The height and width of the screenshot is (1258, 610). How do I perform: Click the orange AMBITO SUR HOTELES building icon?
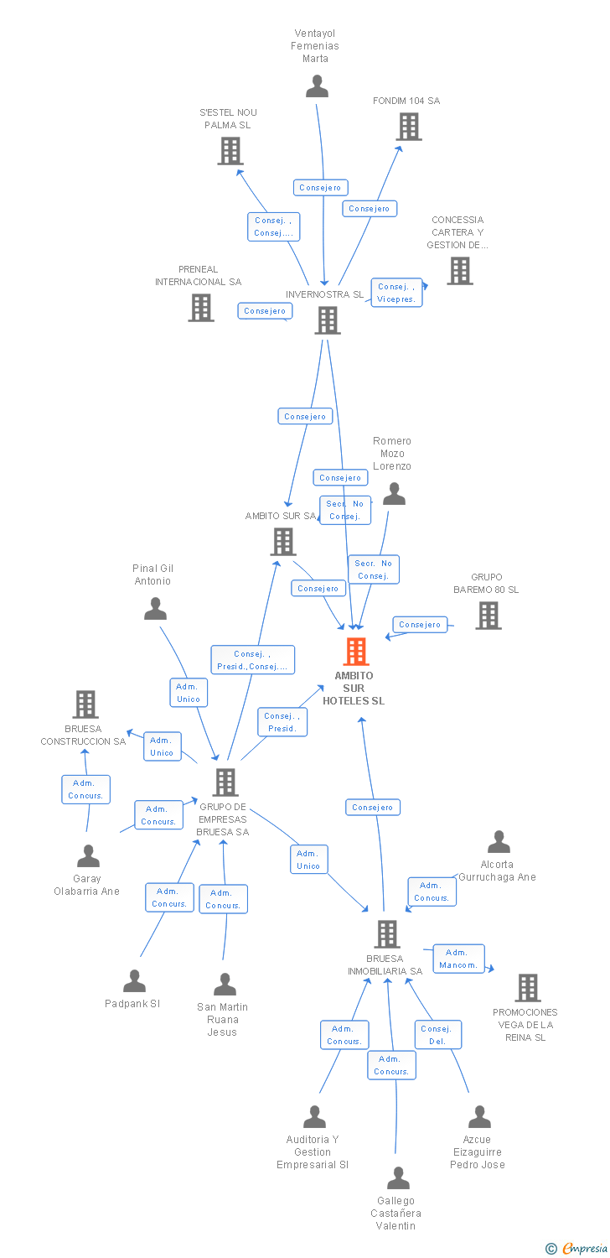coord(356,652)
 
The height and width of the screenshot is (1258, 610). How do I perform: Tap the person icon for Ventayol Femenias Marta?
coord(317,86)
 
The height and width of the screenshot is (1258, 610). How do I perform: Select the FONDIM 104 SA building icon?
coord(409,127)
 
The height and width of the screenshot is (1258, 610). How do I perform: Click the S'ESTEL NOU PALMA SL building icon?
coord(230,151)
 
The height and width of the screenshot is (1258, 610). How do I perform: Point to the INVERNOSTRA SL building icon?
coord(327,320)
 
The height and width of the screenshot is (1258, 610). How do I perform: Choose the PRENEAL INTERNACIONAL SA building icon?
coord(201,308)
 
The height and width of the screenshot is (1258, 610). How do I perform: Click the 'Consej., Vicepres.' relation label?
coord(396,293)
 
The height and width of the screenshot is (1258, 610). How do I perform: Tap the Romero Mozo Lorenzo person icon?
coord(394,494)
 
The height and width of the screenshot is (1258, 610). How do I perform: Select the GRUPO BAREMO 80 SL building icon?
coord(488,616)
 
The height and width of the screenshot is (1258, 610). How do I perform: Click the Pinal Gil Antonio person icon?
coord(155,609)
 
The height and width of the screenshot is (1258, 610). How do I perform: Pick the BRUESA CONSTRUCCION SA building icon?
coord(85,704)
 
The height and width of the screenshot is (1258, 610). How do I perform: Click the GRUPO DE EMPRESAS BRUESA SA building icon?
coord(225,782)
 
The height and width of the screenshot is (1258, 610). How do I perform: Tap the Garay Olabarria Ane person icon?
coord(88,856)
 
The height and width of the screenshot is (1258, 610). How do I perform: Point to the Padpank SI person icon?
coord(134,981)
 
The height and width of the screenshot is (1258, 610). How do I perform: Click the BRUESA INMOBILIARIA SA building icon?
coord(386,934)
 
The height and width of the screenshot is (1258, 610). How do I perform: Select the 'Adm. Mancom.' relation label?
coord(458,959)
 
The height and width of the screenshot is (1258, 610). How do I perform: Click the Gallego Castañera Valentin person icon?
coord(398,1178)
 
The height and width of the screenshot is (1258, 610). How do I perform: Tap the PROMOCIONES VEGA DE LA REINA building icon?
coord(527,988)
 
